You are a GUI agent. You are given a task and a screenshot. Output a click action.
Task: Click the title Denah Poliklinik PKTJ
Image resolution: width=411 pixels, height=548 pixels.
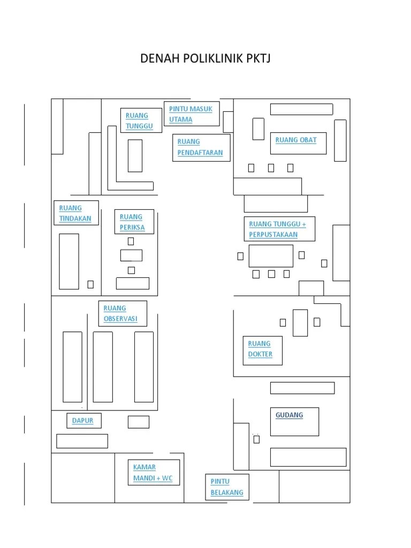click(205, 58)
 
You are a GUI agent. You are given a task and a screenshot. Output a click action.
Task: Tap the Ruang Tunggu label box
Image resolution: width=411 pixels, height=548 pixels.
click(141, 120)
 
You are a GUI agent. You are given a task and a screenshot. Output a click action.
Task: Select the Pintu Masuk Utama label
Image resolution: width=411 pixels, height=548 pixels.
click(191, 114)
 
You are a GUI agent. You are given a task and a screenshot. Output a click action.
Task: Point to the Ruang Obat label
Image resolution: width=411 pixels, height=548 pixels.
click(298, 142)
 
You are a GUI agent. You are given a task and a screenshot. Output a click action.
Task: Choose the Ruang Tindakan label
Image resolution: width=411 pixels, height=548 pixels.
click(76, 212)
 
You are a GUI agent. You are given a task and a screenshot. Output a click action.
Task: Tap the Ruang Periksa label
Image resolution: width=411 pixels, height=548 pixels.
click(134, 222)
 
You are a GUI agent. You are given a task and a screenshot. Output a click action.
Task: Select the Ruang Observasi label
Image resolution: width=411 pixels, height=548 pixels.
click(123, 314)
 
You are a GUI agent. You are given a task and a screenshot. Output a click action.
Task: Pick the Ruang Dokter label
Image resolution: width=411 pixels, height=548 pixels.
click(262, 350)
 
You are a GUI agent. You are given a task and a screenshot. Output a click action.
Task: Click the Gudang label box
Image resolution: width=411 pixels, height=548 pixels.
click(294, 421)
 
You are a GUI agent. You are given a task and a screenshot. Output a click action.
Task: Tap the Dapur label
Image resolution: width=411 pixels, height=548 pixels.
click(83, 421)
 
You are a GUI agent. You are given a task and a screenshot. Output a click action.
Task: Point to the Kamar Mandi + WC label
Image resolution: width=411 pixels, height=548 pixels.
click(154, 472)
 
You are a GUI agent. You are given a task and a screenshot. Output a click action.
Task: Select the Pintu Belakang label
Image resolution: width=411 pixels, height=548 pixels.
click(227, 487)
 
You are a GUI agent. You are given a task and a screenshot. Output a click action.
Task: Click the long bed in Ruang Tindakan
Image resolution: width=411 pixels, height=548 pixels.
click(69, 262)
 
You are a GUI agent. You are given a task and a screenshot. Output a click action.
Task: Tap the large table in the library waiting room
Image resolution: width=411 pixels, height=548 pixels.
click(271, 256)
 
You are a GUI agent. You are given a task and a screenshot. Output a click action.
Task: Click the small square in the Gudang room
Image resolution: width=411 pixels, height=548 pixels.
click(256, 439)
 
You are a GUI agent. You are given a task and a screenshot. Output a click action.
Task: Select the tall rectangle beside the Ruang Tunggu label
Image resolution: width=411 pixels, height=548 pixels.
click(135, 156)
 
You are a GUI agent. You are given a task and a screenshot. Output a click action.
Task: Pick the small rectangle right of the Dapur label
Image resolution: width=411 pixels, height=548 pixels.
click(138, 422)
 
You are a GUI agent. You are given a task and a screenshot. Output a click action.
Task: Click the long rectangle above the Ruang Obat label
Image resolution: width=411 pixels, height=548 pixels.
click(301, 109)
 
